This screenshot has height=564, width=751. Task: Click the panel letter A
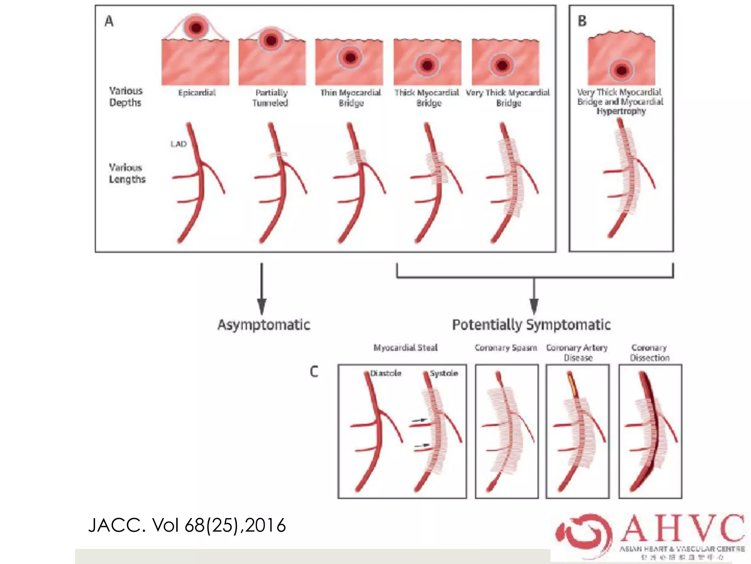point(109,21)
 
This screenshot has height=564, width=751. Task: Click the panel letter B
point(582,21)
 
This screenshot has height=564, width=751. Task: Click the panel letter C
point(314,372)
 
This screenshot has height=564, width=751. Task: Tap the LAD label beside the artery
point(179,144)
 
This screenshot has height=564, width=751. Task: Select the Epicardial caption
point(197,93)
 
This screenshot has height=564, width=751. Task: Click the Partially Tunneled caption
point(271,98)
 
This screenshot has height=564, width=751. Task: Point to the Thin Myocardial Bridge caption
point(351,98)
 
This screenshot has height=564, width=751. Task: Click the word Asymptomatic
point(264,325)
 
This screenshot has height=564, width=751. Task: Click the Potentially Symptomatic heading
point(531,325)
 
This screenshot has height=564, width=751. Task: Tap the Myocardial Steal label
point(405,347)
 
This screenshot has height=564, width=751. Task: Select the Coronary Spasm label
point(506,347)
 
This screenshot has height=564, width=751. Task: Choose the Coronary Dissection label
point(649,352)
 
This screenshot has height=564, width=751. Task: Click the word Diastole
point(385,373)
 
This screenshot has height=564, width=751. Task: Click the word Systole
point(444,373)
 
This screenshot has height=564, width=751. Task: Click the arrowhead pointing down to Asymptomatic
point(261,307)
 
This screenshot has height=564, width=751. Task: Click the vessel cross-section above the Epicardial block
point(196,27)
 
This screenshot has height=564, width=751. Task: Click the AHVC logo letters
point(682,529)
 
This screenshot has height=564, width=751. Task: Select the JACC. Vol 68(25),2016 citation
point(187,525)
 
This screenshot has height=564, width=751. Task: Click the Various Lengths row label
point(127,173)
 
